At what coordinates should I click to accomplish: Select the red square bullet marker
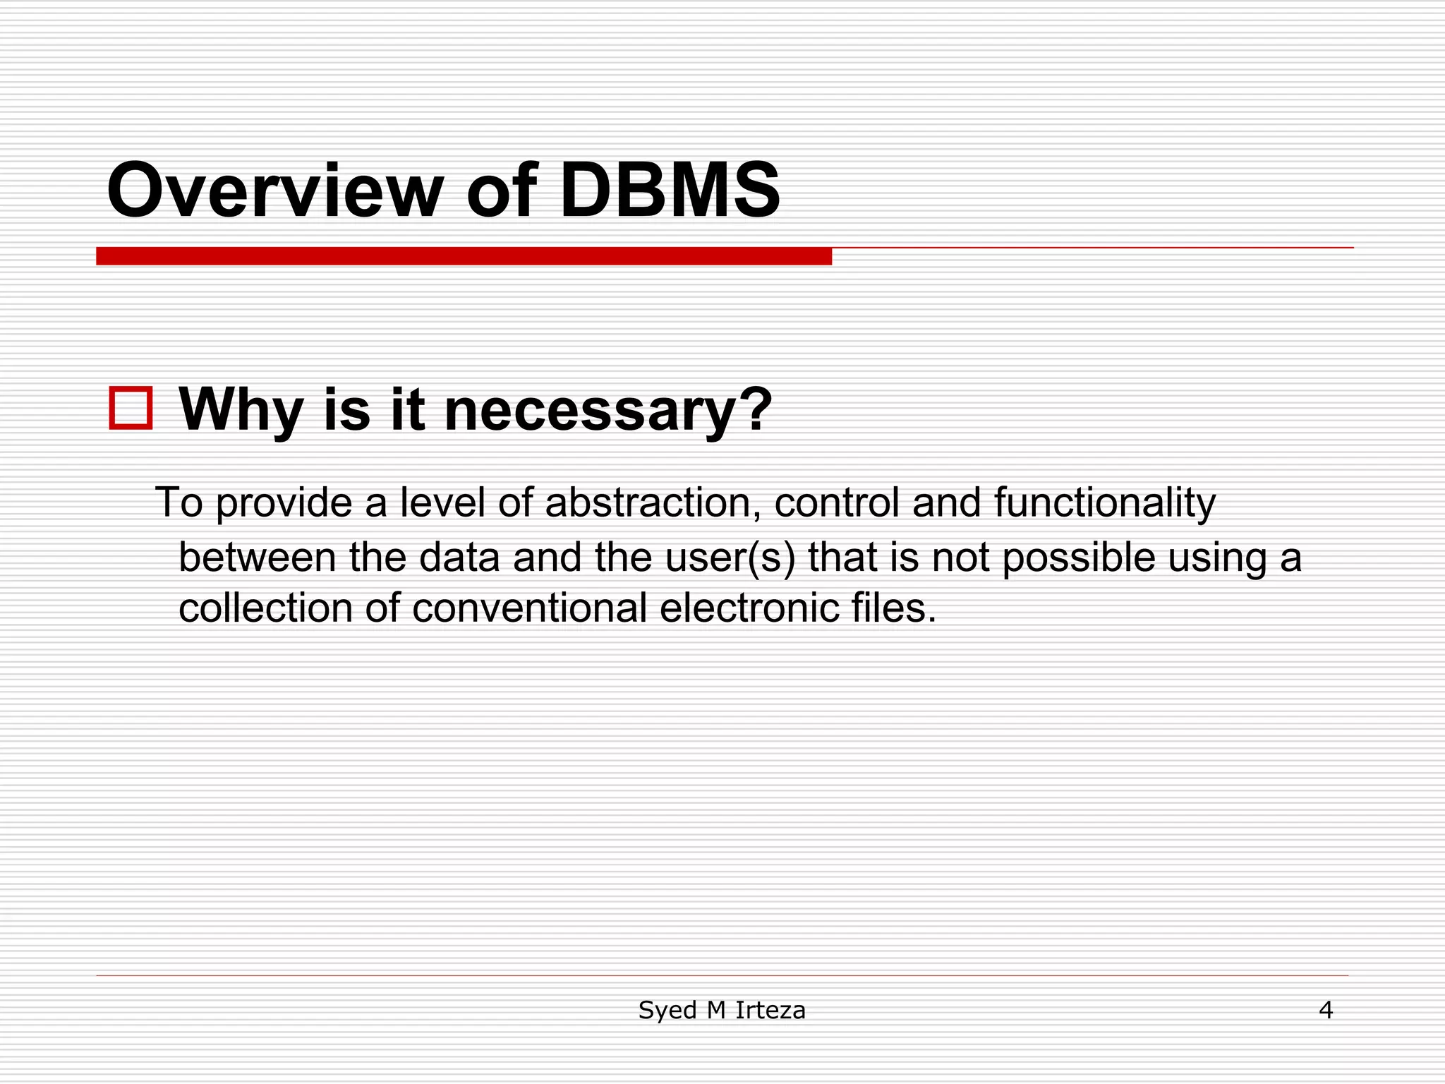coord(131,408)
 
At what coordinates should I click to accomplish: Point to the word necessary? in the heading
coord(608,411)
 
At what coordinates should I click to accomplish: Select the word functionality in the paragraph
coord(1105,504)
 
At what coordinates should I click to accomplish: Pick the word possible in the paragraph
coord(1078,558)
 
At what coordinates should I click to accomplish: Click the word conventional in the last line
coord(529,608)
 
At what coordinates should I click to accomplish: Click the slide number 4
coord(1326,1011)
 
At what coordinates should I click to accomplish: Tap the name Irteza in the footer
coord(770,1011)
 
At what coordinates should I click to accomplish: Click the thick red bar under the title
coord(464,256)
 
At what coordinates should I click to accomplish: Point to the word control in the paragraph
coord(837,502)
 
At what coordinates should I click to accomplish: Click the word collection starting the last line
coord(265,608)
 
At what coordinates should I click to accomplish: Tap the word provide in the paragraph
coord(284,504)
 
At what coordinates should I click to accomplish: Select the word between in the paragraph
coord(258,558)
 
